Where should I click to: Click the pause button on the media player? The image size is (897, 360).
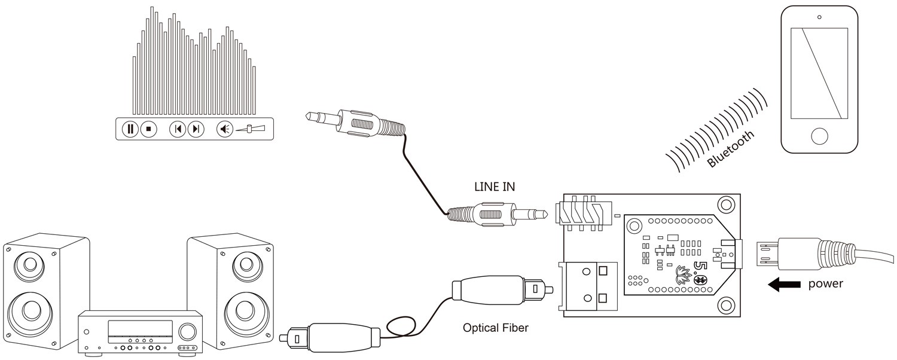point(130,129)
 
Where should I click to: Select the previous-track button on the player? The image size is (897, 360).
point(177,129)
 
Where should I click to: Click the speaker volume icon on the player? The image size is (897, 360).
point(225,129)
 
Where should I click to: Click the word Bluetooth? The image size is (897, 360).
point(731,150)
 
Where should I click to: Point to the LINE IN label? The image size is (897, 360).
point(494,187)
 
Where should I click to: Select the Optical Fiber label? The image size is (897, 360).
point(496,328)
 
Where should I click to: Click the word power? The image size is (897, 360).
point(825,283)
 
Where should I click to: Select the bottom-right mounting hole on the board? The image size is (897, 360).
point(726,305)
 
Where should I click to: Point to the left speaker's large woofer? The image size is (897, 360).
point(29,312)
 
